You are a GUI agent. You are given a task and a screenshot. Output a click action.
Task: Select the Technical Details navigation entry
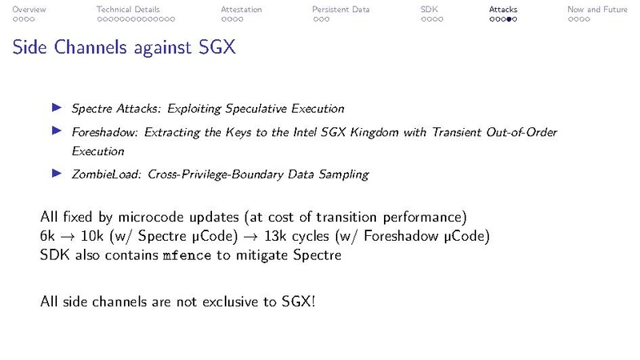click(128, 10)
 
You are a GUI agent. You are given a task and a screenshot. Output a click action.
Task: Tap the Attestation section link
click(241, 10)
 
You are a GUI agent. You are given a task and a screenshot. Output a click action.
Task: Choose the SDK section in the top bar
click(429, 10)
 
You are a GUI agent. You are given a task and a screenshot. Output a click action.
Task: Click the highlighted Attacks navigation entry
click(503, 10)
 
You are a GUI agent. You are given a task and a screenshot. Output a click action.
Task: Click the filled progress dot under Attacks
click(509, 18)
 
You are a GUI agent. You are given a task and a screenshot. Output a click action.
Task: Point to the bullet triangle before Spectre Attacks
click(56, 107)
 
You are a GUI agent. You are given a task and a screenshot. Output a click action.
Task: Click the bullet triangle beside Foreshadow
click(56, 130)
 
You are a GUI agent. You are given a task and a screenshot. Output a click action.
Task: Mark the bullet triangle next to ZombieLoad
click(56, 172)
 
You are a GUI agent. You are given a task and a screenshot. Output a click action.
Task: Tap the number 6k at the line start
click(48, 236)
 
